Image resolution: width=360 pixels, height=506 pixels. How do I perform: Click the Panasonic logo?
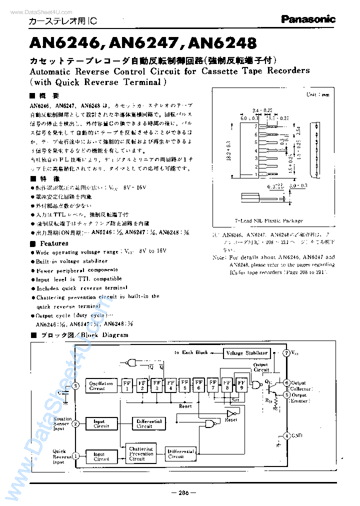pos(307,19)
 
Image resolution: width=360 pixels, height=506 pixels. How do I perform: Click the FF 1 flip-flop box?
pos(127,385)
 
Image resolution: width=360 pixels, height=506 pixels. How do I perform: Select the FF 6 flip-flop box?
pos(199,385)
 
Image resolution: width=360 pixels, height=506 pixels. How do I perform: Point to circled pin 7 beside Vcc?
pos(286,353)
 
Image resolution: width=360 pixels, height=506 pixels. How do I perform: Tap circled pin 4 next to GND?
pos(286,435)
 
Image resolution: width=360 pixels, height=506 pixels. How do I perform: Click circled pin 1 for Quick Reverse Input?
pos(75,455)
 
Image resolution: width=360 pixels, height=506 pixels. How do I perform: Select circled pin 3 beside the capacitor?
pos(75,385)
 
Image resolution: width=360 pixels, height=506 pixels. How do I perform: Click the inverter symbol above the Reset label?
pos(230,413)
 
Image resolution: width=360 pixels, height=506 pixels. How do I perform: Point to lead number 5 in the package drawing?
pos(256,142)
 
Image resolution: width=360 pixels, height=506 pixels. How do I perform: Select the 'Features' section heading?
pos(54,243)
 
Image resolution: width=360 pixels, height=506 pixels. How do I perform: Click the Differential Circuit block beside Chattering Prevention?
pos(179,454)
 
